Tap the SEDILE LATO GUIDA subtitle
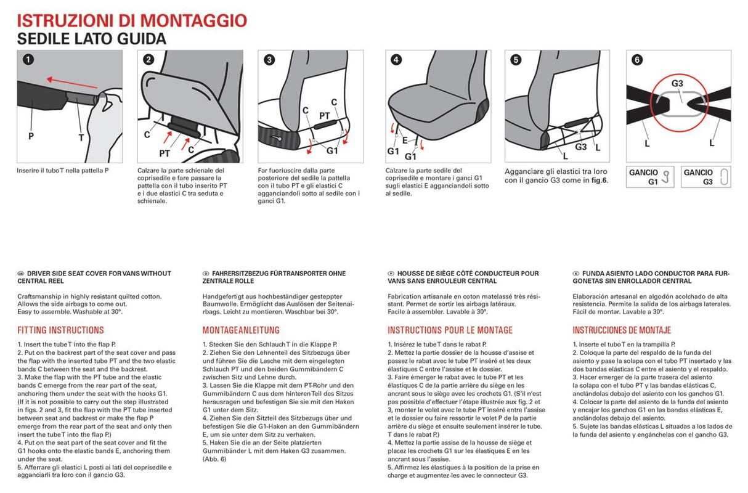point(92,39)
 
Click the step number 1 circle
point(28,60)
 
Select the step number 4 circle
point(396,60)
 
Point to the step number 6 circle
point(636,60)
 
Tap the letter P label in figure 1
point(31,136)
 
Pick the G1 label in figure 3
point(333,150)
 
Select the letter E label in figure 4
point(405,139)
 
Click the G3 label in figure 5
point(580,147)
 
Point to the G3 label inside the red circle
point(678,83)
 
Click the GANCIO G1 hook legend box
point(651,177)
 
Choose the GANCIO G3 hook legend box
point(706,177)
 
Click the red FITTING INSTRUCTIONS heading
point(60,330)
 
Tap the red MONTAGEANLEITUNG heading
point(241,330)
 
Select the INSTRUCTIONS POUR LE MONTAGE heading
point(450,330)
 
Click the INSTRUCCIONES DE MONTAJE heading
point(622,330)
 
